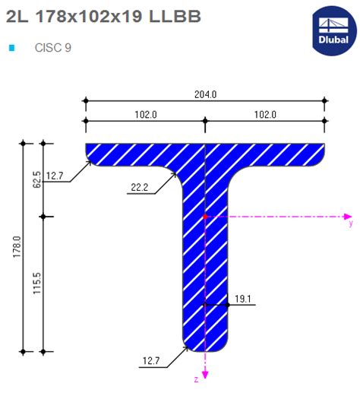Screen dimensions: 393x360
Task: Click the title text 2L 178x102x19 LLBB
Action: click(x=103, y=16)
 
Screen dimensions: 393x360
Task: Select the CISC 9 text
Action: click(x=53, y=47)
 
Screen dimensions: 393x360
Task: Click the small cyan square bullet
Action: click(x=11, y=48)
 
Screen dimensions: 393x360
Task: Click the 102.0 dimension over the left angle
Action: click(x=145, y=114)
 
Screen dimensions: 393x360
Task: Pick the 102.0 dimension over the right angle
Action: click(x=265, y=114)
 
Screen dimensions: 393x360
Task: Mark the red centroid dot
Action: click(x=205, y=217)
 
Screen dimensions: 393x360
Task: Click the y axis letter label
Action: click(x=350, y=224)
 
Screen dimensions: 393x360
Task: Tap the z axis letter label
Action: click(x=196, y=377)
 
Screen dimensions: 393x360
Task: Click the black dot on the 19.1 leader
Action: click(x=228, y=305)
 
